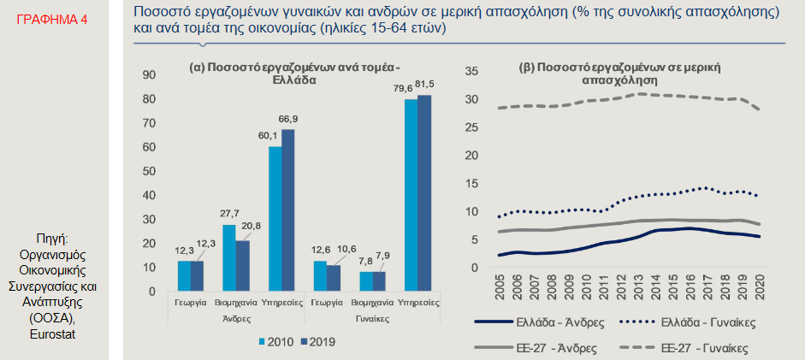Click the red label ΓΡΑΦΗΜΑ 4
pos(51,17)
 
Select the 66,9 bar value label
pos(288,118)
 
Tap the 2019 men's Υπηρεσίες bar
pos(288,210)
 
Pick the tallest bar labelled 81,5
pos(424,192)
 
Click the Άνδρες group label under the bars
pos(236,317)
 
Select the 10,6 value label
pos(346,249)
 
